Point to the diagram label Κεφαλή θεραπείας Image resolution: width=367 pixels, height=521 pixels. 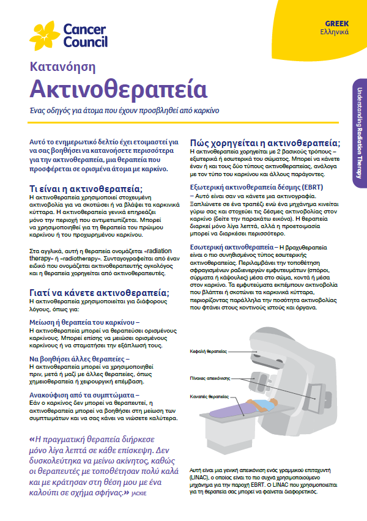coord(208,352)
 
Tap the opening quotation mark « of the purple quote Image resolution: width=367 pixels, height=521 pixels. coord(32,438)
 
